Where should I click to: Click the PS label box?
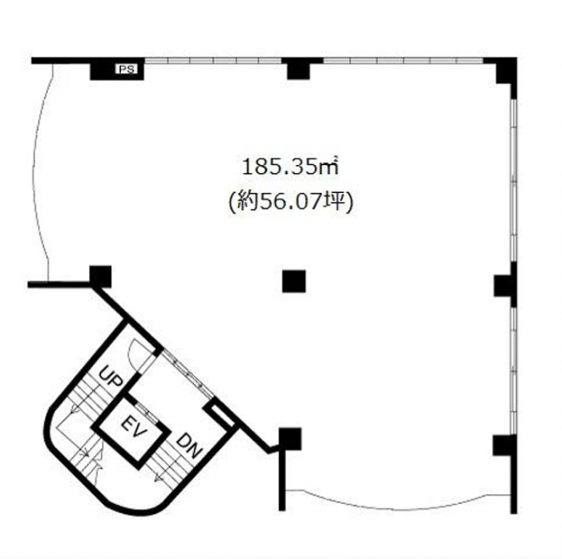(126, 69)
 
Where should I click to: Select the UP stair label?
(111, 377)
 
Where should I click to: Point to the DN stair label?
(189, 446)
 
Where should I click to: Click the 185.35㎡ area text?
(290, 168)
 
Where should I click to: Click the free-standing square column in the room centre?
(294, 281)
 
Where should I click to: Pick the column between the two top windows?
(299, 69)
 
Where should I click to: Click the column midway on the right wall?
(505, 286)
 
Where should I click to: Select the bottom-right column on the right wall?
(505, 446)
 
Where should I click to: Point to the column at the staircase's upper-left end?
(100, 276)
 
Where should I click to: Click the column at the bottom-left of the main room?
(290, 439)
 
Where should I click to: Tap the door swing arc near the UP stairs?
(136, 353)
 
